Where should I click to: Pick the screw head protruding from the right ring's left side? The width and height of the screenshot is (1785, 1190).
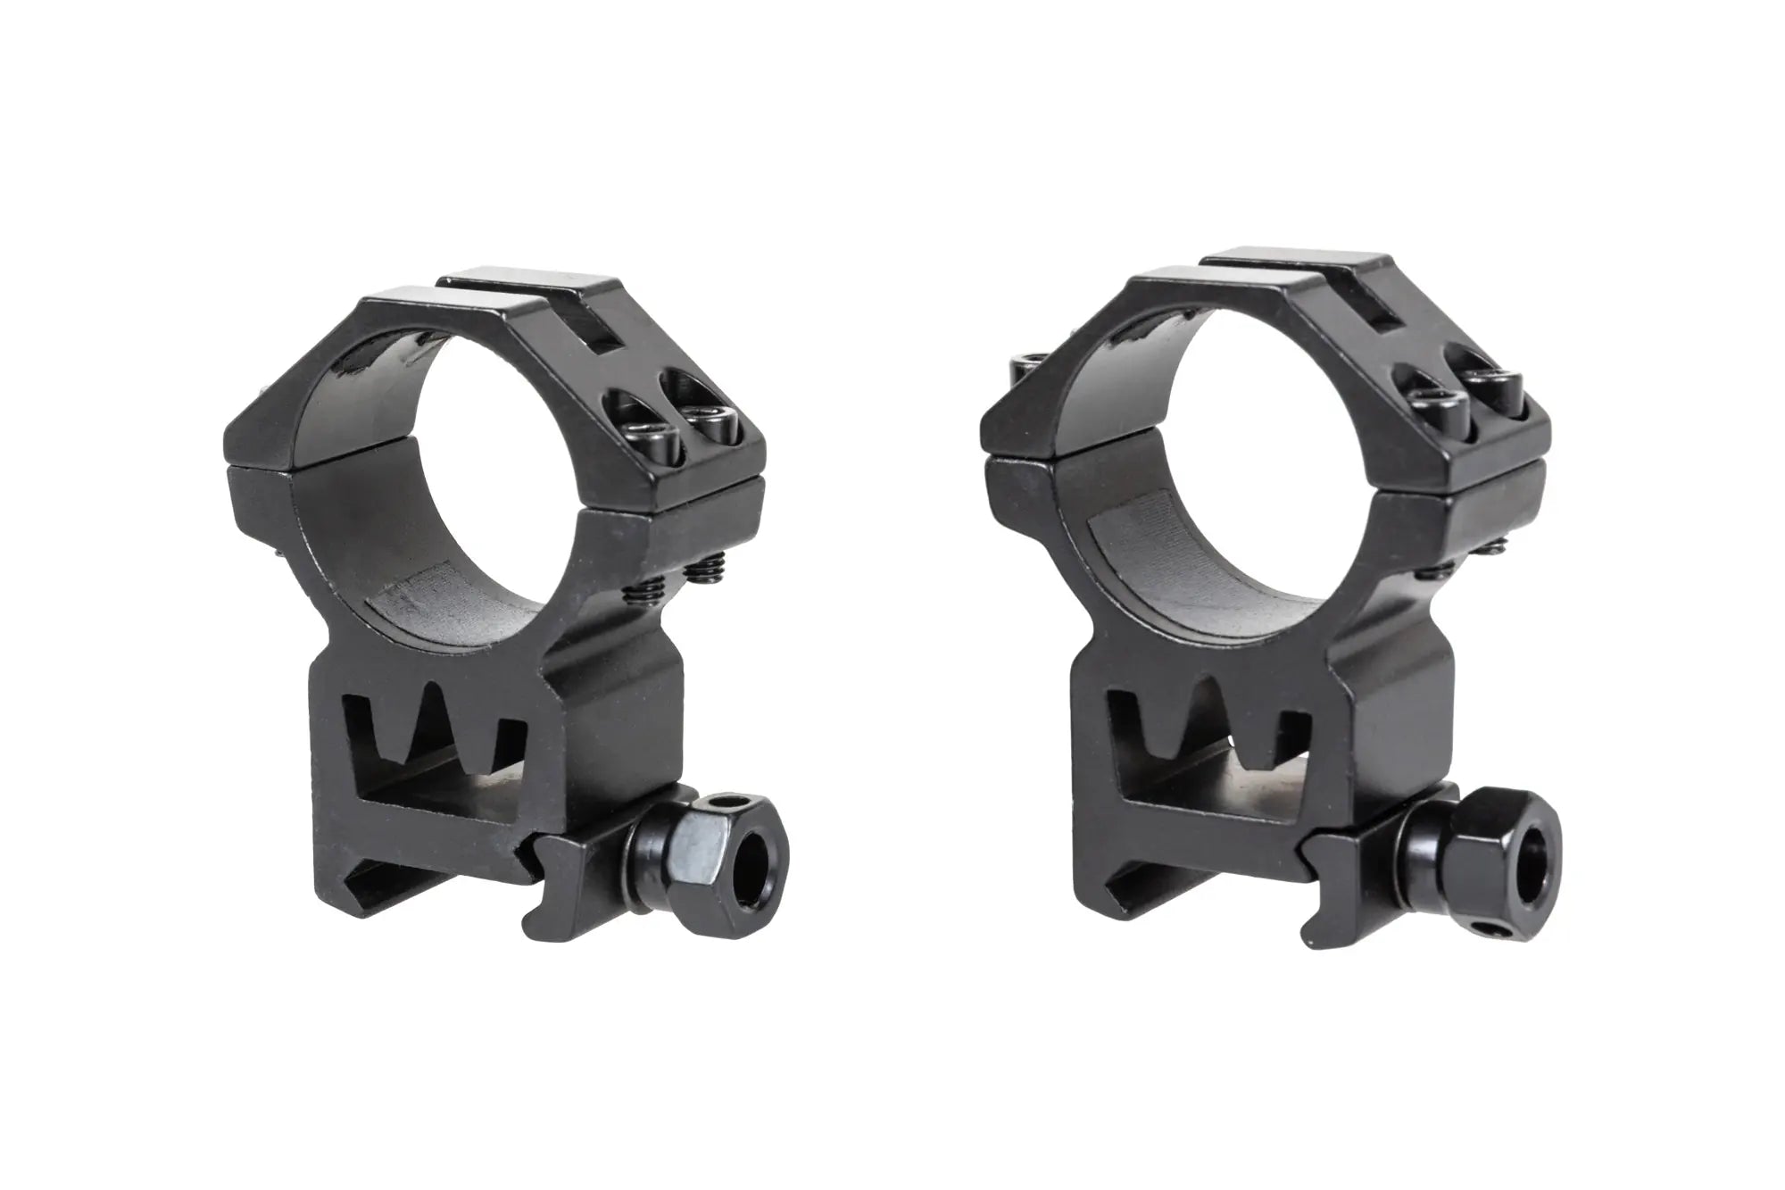1020,367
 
